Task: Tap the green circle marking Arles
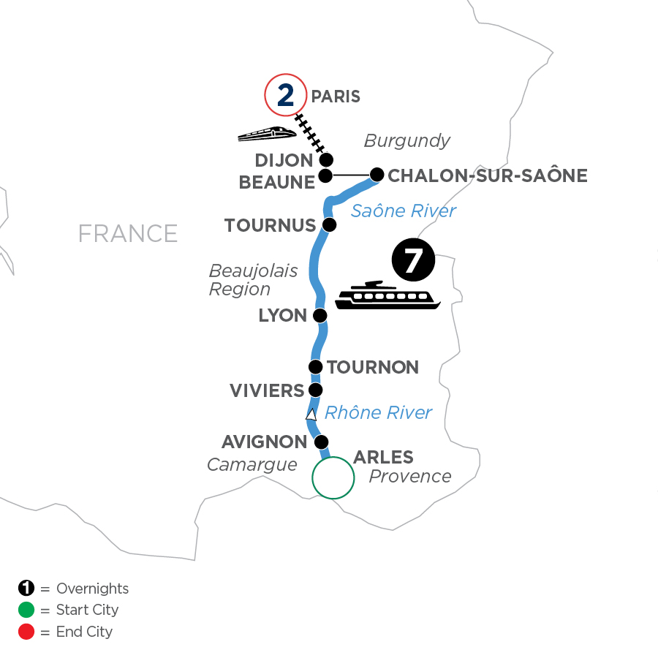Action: coord(333,477)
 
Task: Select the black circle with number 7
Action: coord(413,261)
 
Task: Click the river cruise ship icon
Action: coord(388,296)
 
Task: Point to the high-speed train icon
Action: coord(267,134)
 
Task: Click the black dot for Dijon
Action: coord(327,160)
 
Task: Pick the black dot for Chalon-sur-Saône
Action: coord(377,175)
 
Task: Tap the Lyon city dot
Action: coord(319,316)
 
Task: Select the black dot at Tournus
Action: coord(330,224)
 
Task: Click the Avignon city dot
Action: coord(320,442)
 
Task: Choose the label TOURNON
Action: coord(373,367)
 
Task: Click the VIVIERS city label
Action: coord(266,390)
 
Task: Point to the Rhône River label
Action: coord(378,413)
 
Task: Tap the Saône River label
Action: coord(404,211)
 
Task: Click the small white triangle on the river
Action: coord(311,415)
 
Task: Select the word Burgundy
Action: coord(406,141)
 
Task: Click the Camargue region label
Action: coord(252,465)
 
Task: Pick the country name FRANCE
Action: coord(128,233)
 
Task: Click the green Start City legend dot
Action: coord(26,610)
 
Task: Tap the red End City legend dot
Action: coord(26,631)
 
